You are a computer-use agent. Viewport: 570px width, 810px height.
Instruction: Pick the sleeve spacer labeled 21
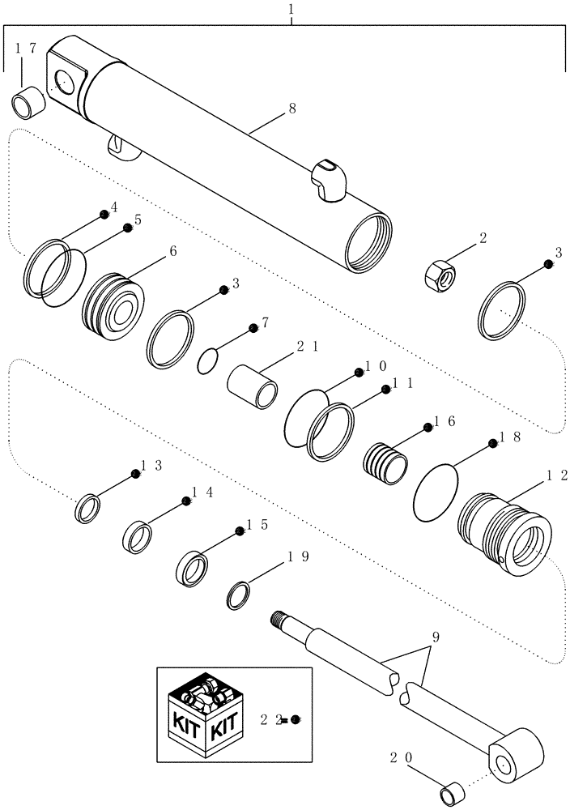[253, 386]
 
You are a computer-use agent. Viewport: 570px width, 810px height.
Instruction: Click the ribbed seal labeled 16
[384, 464]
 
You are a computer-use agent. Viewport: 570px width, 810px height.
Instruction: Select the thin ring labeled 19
[237, 596]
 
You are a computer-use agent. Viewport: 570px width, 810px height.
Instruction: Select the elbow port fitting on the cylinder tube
[330, 181]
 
